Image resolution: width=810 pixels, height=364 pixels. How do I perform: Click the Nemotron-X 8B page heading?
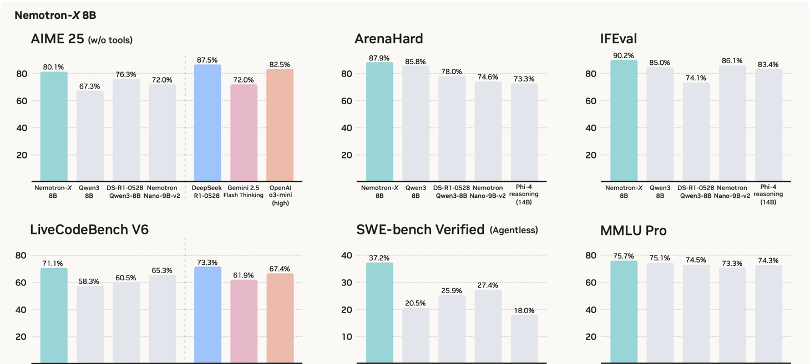55,16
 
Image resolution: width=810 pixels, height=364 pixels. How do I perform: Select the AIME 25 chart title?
82,39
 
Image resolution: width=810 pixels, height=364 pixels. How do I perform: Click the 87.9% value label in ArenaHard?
379,58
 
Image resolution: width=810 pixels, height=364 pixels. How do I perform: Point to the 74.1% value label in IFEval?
696,78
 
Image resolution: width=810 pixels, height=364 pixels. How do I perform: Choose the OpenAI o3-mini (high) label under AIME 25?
280,195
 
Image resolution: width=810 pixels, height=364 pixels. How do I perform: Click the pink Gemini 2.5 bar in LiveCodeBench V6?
244,321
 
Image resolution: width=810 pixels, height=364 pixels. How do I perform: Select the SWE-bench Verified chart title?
447,229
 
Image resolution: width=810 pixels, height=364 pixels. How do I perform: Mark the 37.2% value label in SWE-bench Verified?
379,258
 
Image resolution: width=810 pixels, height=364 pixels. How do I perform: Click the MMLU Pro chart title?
634,230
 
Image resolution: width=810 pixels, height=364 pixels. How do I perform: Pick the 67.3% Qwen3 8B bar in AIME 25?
90,136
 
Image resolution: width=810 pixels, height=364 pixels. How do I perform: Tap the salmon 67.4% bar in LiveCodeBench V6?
280,319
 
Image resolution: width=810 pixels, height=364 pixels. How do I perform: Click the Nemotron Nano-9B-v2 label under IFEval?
732,192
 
